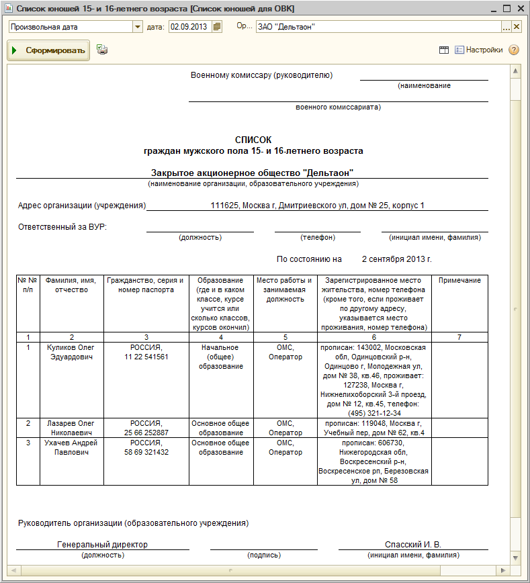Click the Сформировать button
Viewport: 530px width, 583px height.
coord(48,50)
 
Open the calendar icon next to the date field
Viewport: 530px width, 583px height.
coord(217,27)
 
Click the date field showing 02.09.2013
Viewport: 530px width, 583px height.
coord(189,27)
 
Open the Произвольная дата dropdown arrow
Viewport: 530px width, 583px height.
coord(138,27)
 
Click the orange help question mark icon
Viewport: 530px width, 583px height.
coord(514,50)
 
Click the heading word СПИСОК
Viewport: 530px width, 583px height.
coord(253,140)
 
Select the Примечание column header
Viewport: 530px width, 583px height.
coord(459,281)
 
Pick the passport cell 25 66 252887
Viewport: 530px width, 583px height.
coord(146,433)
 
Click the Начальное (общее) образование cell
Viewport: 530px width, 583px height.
coord(221,357)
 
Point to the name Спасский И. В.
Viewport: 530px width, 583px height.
coord(412,545)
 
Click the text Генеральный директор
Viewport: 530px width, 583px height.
coord(103,545)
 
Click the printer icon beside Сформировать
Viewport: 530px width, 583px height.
coord(102,50)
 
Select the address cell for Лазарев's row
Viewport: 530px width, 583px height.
coord(374,428)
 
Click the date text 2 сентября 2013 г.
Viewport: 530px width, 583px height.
coord(396,259)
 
